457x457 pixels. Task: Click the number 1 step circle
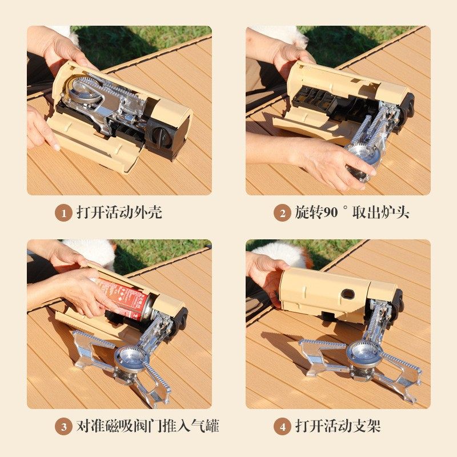click(x=63, y=213)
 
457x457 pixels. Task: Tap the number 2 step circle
click(x=282, y=213)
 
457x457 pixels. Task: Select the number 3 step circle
click(x=63, y=426)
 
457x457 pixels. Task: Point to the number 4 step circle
click(x=282, y=426)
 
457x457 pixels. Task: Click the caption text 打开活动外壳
click(x=119, y=213)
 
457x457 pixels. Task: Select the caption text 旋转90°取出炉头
click(x=352, y=213)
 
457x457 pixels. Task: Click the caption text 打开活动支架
click(x=338, y=426)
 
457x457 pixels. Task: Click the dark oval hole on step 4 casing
click(x=347, y=295)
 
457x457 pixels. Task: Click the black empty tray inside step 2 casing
click(x=314, y=101)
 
